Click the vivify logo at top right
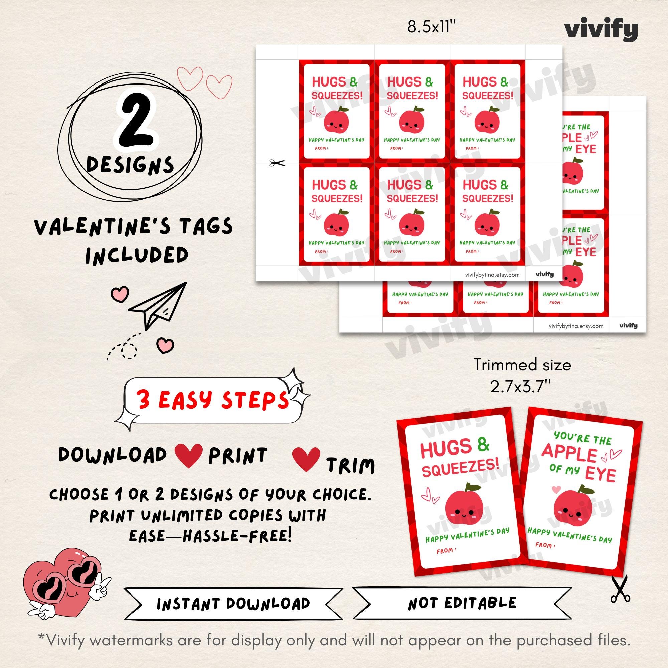click(601, 31)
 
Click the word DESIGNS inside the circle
click(130, 165)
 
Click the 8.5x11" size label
click(432, 27)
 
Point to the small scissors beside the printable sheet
click(277, 163)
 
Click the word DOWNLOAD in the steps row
click(113, 455)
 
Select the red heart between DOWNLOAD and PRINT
click(188, 455)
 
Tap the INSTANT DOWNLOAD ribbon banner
click(233, 604)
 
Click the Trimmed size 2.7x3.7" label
click(522, 376)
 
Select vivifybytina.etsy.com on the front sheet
click(492, 275)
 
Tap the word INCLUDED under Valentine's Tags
click(137, 256)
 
